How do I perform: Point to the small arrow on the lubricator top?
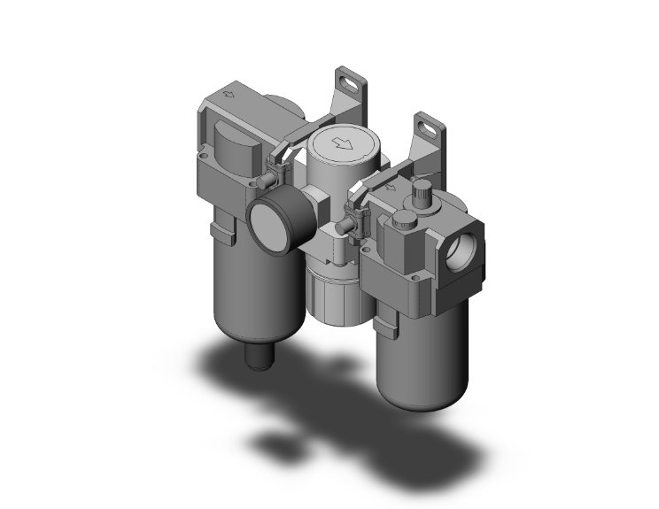[391, 187]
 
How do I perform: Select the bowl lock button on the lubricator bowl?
[385, 327]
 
